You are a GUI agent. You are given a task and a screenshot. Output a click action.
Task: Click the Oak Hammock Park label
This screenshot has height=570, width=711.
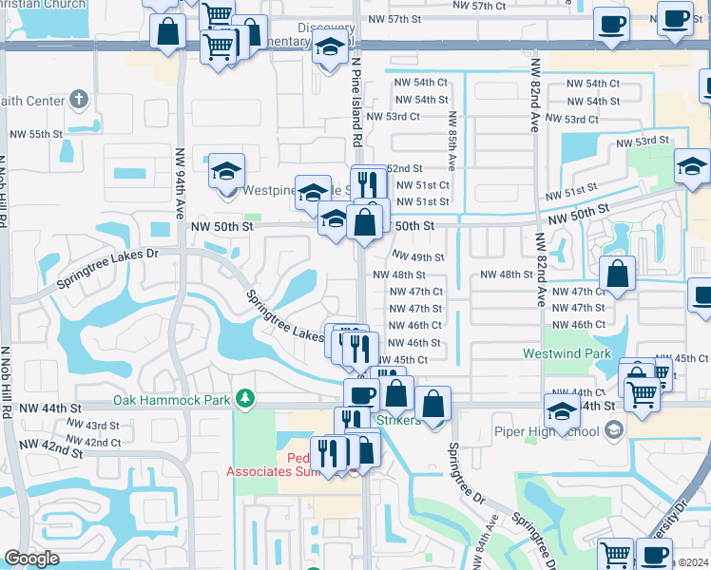pyautogui.click(x=171, y=400)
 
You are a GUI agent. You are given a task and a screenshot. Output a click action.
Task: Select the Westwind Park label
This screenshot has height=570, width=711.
pyautogui.click(x=567, y=353)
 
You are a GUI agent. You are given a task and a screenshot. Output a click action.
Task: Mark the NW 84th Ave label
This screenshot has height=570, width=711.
pyautogui.click(x=492, y=541)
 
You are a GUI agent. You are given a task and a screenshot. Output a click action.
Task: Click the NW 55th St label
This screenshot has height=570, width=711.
pyautogui.click(x=30, y=135)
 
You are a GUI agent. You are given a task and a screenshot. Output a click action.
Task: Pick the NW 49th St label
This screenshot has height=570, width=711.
pyautogui.click(x=419, y=257)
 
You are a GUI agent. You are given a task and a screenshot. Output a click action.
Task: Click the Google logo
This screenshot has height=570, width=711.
pyautogui.click(x=31, y=559)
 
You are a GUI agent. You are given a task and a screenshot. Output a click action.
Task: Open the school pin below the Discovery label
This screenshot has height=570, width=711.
pyautogui.click(x=330, y=47)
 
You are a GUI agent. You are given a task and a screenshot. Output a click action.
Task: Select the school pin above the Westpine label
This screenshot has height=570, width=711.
pyautogui.click(x=227, y=171)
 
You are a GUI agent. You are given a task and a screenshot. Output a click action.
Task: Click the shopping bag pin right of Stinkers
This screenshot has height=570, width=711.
pyautogui.click(x=433, y=403)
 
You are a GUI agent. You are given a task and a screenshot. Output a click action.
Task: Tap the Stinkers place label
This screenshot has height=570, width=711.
pyautogui.click(x=399, y=420)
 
